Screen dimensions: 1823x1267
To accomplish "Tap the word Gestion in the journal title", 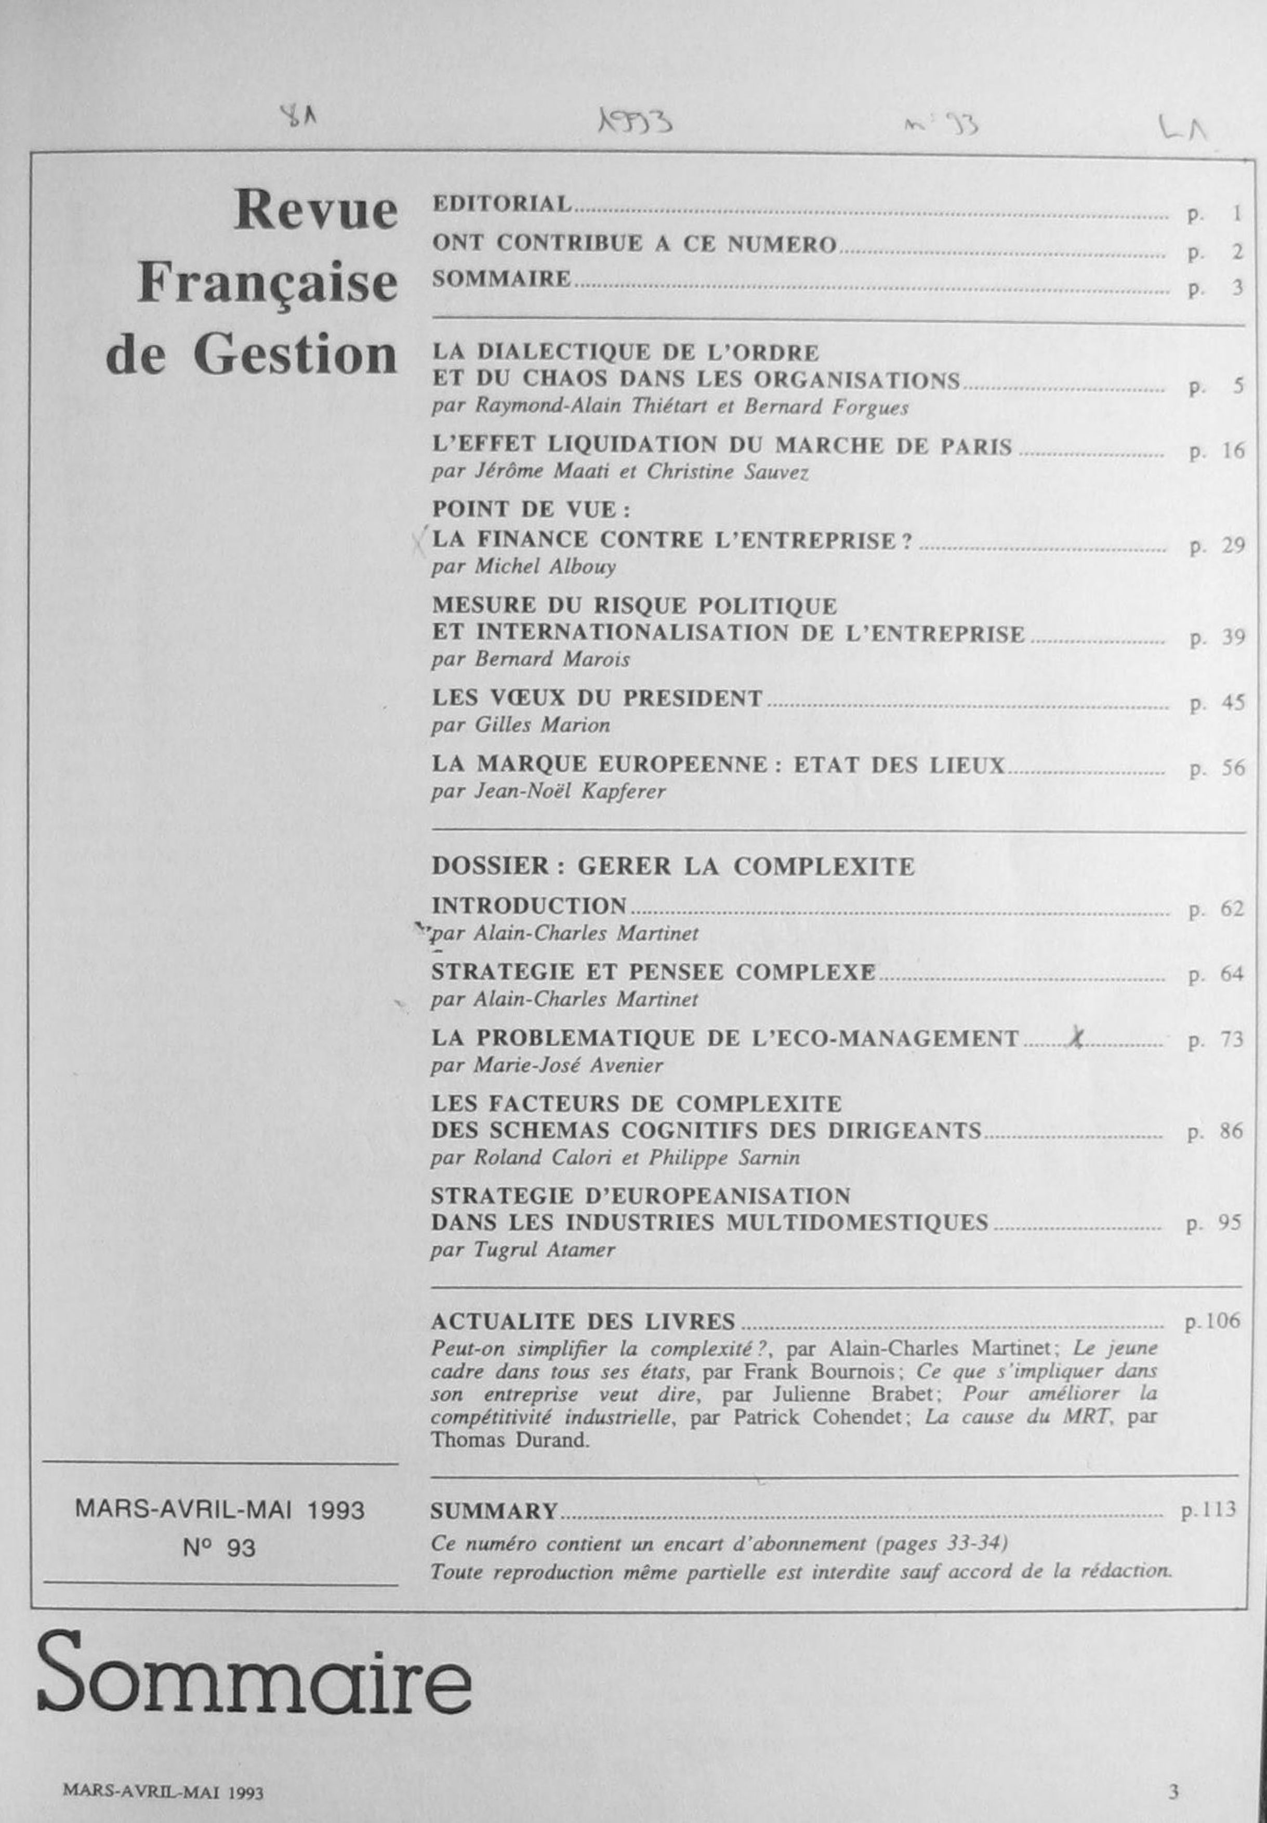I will tap(295, 356).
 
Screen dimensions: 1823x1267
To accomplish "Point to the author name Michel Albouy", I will tap(545, 567).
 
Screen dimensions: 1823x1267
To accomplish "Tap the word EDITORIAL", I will tap(501, 204).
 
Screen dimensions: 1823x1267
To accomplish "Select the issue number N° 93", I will tap(219, 1548).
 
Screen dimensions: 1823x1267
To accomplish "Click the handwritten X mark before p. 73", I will tap(1076, 1039).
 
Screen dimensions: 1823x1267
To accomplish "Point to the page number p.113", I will tap(1209, 1510).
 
